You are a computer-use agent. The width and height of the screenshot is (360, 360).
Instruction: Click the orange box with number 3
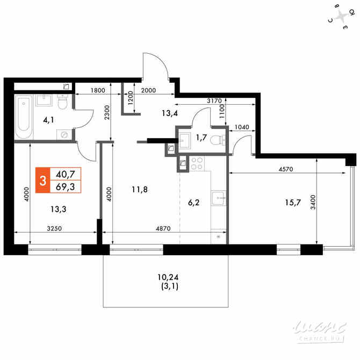[42, 180]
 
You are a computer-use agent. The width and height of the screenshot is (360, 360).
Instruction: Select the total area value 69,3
[66, 186]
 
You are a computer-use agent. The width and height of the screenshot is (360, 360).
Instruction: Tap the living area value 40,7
[66, 174]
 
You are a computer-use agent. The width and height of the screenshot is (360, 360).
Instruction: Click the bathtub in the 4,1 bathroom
[24, 117]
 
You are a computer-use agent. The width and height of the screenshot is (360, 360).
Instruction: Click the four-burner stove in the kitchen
[197, 163]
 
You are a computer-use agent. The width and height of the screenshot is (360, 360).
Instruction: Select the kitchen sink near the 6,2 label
[219, 198]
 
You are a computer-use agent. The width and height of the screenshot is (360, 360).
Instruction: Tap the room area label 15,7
[293, 203]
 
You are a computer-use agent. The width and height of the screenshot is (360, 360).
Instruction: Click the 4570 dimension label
[286, 169]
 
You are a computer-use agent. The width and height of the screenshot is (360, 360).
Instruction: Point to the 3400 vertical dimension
[313, 202]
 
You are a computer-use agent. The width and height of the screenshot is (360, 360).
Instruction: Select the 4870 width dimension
[163, 228]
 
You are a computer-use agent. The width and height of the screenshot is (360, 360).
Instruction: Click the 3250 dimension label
[54, 228]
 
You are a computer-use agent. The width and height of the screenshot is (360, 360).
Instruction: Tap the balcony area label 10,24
[168, 277]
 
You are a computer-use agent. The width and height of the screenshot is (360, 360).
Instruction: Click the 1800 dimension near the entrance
[98, 90]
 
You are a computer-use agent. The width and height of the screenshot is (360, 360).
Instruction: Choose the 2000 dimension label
[148, 90]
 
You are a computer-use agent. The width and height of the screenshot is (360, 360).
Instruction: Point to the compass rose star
[342, 17]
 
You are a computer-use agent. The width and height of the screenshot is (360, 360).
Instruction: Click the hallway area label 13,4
[170, 113]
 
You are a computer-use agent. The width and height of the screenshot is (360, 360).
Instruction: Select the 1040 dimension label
[242, 127]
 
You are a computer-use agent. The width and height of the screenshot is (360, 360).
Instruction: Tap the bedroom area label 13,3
[59, 209]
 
